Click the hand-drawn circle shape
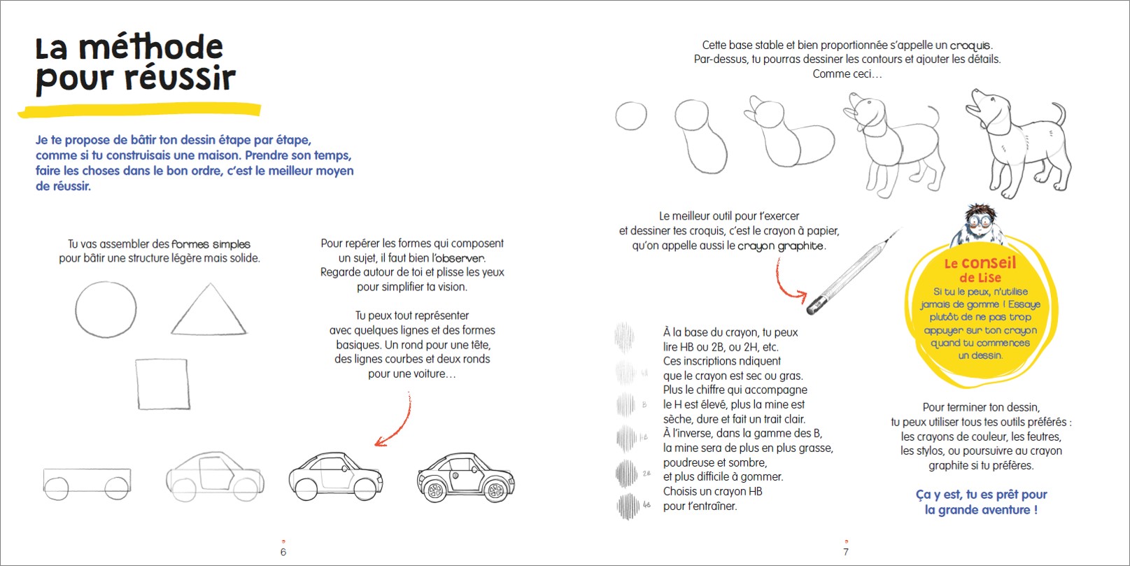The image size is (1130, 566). (x=106, y=311)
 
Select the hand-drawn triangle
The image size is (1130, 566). (x=209, y=312)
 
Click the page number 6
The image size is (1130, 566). (x=283, y=552)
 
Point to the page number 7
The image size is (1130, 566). (x=845, y=552)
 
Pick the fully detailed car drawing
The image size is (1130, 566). (x=465, y=478)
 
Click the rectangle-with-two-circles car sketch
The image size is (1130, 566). (x=87, y=483)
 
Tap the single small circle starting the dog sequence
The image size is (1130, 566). (x=630, y=116)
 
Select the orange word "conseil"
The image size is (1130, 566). (x=988, y=263)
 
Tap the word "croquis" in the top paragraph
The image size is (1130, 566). (x=970, y=45)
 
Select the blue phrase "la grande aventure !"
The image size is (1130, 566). (x=980, y=510)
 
